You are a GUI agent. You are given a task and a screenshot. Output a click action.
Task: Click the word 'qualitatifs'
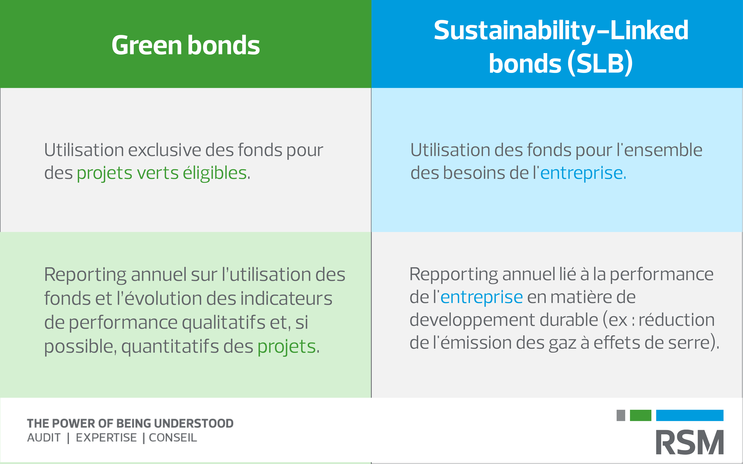224,323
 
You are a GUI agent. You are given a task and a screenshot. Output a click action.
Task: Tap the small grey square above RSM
621,415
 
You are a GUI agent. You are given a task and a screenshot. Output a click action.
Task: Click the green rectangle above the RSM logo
640,415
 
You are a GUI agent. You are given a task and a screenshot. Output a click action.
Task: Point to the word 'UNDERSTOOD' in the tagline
193,423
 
